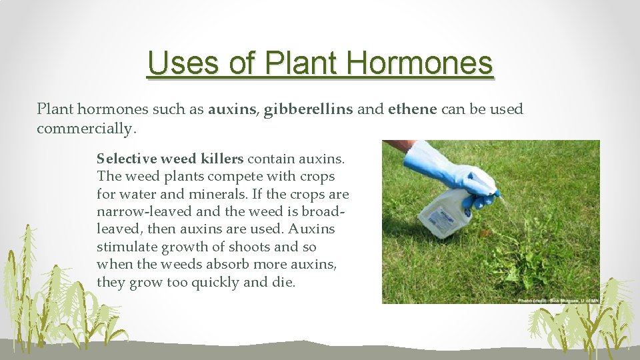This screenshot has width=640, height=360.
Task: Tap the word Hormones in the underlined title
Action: pos(419,63)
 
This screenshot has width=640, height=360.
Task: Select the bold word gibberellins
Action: pos(308,109)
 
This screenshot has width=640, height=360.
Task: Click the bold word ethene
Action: pos(411,109)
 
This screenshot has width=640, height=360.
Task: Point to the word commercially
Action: pos(86,128)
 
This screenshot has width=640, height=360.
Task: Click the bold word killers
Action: pos(221,159)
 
